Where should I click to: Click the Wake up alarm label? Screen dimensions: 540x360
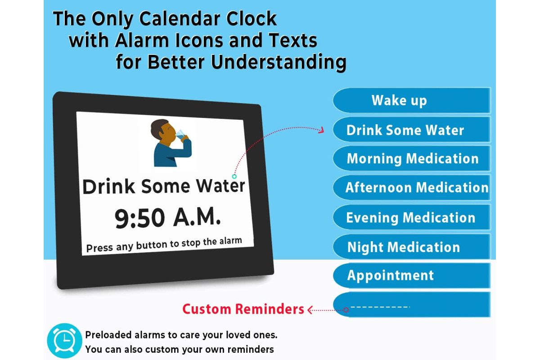point(399,100)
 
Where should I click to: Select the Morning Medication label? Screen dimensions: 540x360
point(413,159)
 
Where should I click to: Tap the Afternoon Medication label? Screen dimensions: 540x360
point(417,188)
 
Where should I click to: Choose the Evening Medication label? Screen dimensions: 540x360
point(410,218)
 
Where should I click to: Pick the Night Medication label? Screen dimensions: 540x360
point(404,247)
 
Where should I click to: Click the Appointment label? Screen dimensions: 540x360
point(390,275)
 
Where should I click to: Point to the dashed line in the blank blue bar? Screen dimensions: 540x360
point(380,307)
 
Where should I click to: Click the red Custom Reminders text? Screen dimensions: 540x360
point(243,309)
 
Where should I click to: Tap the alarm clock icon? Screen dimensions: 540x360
point(64,341)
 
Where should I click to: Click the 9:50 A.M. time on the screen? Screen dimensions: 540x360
point(167,218)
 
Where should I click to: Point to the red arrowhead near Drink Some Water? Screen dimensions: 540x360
point(321,130)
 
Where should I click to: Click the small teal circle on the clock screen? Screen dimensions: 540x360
point(234,176)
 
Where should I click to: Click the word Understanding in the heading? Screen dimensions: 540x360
point(279,62)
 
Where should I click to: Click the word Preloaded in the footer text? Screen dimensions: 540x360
point(108,335)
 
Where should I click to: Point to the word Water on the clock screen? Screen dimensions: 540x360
point(220,186)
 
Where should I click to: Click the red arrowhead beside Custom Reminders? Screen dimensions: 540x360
point(310,310)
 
